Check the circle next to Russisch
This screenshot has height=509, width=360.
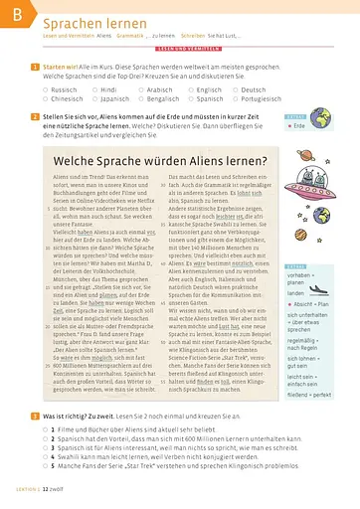point(43,88)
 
